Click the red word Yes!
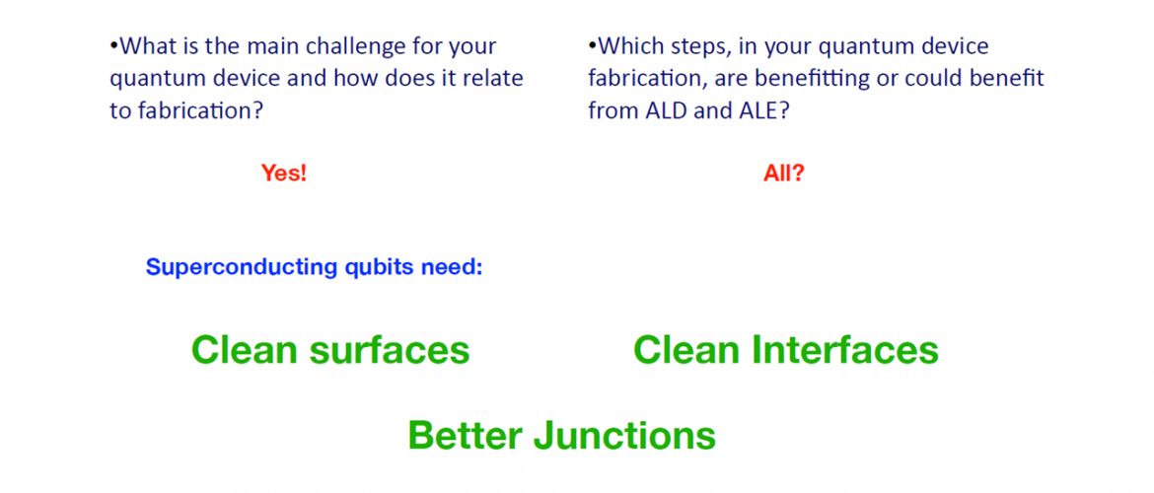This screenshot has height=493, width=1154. tap(283, 174)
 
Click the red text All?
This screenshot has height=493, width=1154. tap(784, 174)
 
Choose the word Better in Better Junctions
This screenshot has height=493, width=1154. tap(466, 435)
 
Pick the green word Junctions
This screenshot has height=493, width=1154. tap(625, 436)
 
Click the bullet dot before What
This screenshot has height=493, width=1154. tap(113, 47)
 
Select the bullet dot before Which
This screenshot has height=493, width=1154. tap(592, 47)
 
